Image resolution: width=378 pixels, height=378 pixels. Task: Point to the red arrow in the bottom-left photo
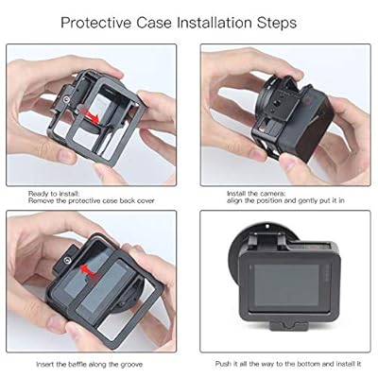[87, 272]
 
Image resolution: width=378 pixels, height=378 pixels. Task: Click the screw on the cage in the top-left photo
[66, 100]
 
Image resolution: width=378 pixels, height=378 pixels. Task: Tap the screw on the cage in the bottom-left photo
[67, 260]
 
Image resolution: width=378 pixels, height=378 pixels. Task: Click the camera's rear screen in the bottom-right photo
[286, 285]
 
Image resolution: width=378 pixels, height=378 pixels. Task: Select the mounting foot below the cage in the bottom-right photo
[289, 325]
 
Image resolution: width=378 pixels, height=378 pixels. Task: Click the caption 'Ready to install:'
[54, 194]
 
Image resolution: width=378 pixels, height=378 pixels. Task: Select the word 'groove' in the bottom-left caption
[130, 365]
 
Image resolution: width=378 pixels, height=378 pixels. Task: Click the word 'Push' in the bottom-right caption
[223, 364]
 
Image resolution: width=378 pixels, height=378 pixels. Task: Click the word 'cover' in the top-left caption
[146, 201]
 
